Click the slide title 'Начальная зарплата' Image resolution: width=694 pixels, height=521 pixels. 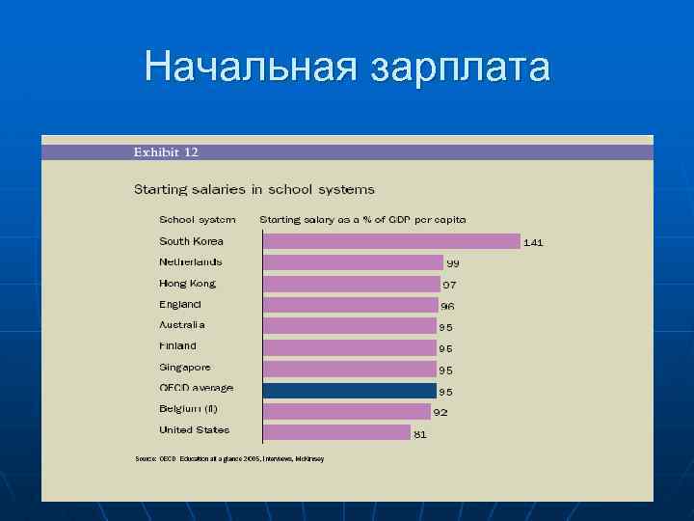[x=347, y=68]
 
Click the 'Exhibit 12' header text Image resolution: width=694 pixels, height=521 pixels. [x=166, y=151]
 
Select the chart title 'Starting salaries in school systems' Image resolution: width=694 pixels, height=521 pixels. [x=254, y=189]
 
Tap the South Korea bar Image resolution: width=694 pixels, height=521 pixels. [x=391, y=241]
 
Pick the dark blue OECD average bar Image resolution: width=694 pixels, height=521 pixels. [x=350, y=390]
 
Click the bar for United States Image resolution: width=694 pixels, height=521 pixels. [x=336, y=432]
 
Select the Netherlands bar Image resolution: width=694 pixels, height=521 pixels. [x=353, y=262]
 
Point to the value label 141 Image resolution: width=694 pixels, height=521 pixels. [x=533, y=243]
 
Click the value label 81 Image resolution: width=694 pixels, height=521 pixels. [x=420, y=435]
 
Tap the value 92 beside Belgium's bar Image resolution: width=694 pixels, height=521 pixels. [x=440, y=413]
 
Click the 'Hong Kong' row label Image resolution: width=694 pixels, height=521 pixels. [x=187, y=284]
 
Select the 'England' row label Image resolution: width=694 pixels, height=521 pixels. [x=180, y=304]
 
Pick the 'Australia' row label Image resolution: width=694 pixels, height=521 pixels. [x=182, y=325]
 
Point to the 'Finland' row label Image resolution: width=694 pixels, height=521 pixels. [x=177, y=345]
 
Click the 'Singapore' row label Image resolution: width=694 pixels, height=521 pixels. [x=184, y=367]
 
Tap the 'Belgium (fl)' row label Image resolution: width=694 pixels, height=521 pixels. [x=188, y=408]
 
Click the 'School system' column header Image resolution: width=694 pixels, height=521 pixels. [x=197, y=219]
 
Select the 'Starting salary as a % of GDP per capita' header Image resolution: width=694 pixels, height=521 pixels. [x=362, y=219]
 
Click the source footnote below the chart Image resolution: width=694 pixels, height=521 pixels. [x=229, y=458]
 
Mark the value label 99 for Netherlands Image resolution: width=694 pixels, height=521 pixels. [x=452, y=263]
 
